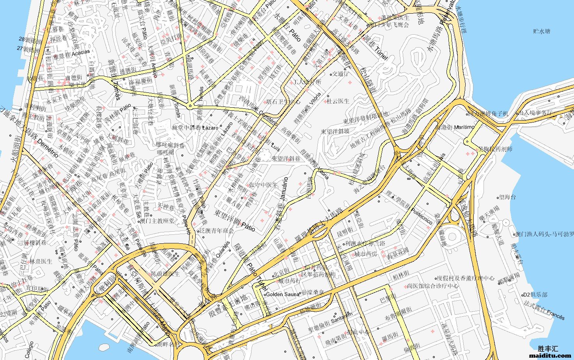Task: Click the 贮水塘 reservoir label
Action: [542, 31]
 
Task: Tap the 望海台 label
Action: [507, 197]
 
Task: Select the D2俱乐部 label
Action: [535, 294]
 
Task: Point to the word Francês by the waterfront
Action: [555, 315]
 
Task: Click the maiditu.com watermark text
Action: [550, 355]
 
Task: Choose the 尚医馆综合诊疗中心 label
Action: [432, 286]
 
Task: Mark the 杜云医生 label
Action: [338, 101]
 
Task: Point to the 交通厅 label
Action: [340, 73]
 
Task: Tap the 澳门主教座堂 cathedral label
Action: [157, 221]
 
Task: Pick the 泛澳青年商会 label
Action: [216, 231]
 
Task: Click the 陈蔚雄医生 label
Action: [165, 274]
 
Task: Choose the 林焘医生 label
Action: [41, 261]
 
